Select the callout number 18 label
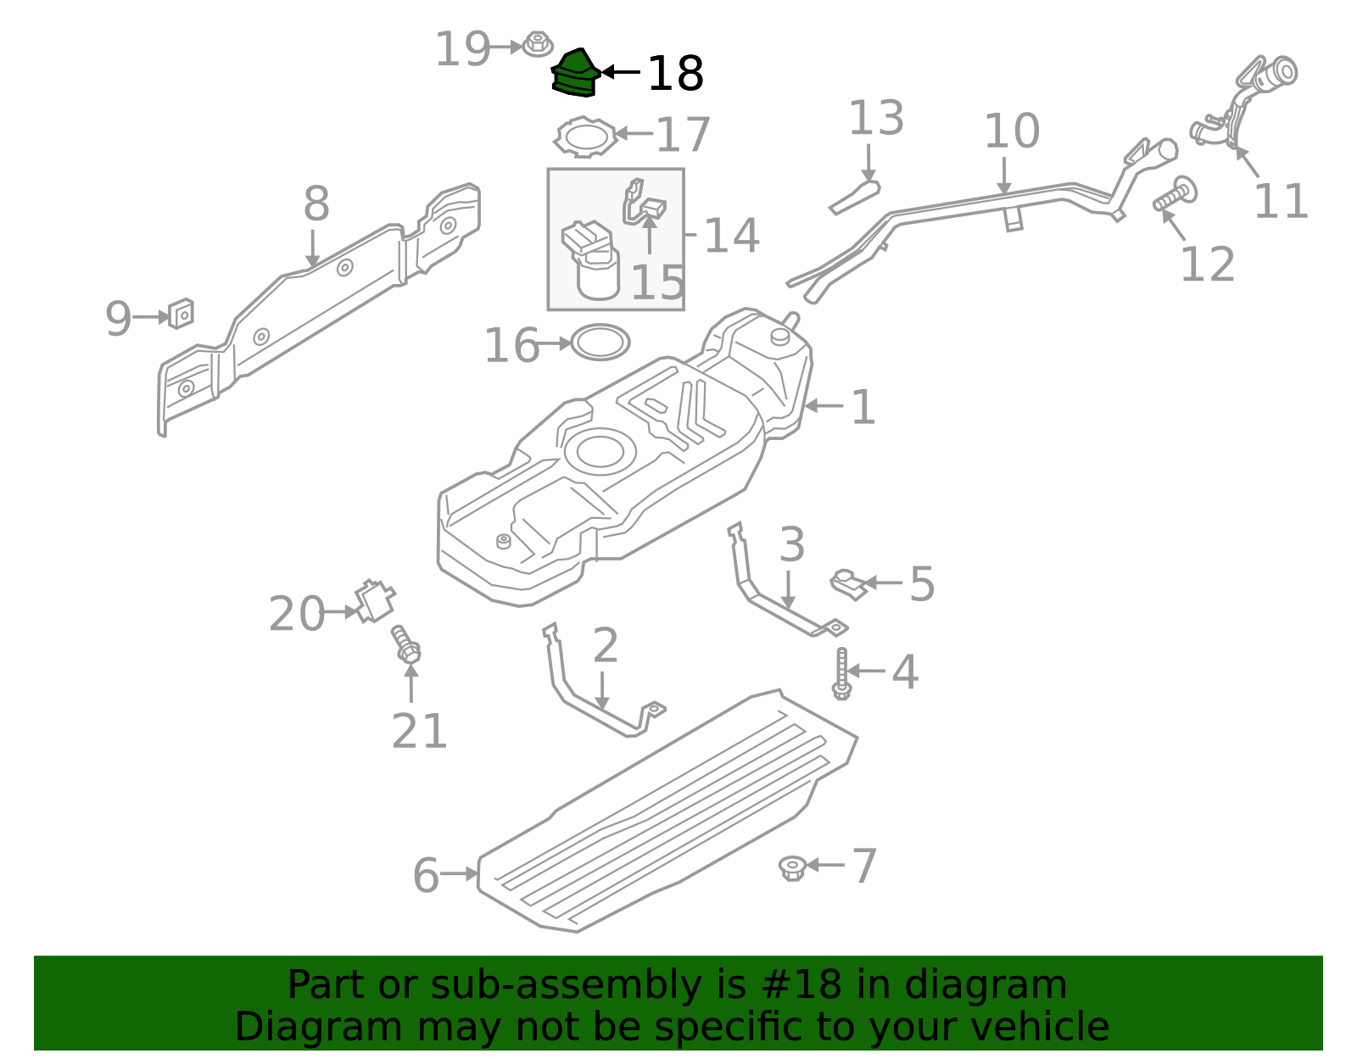click(x=674, y=75)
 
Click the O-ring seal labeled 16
click(x=600, y=343)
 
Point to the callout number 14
click(x=731, y=236)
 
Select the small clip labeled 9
click(x=181, y=314)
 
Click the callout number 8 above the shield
click(x=316, y=204)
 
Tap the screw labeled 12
click(x=1175, y=195)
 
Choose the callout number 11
click(x=1280, y=202)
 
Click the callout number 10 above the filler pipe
click(x=1011, y=131)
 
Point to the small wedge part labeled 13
click(x=855, y=197)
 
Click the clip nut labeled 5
click(x=848, y=583)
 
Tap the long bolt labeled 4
click(x=841, y=674)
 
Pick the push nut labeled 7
click(x=792, y=867)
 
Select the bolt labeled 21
click(x=406, y=645)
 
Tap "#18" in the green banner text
click(x=801, y=985)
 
